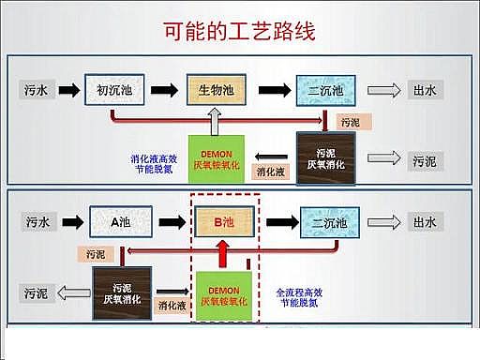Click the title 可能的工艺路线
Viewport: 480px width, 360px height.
point(240,30)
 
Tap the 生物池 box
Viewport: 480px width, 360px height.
point(217,90)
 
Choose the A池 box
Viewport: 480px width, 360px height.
point(118,222)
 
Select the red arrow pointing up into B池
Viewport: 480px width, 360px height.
point(223,254)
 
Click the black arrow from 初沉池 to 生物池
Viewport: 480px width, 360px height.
point(163,90)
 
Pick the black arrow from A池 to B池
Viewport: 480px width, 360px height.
point(169,222)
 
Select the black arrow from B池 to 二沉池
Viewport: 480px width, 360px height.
point(276,222)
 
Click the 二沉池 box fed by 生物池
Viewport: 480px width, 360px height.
point(323,90)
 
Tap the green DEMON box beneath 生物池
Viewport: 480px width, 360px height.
point(217,158)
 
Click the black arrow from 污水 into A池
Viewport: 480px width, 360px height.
point(69,222)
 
